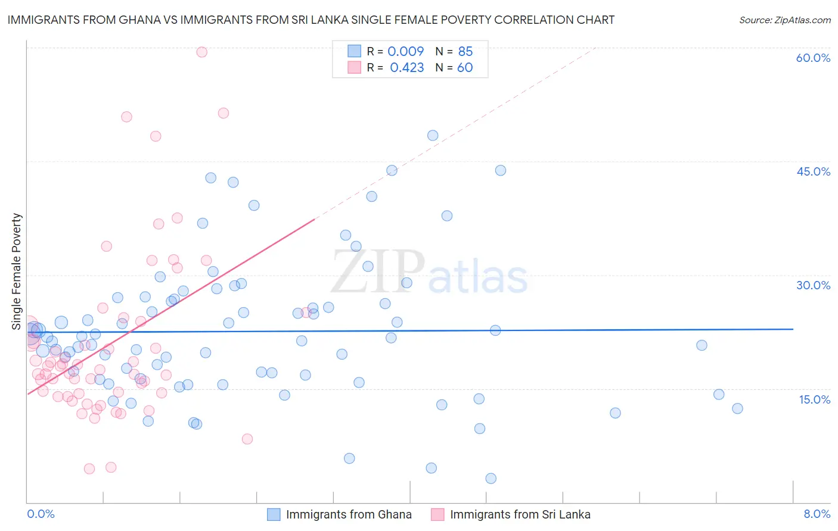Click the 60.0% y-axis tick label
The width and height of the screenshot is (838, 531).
click(813, 58)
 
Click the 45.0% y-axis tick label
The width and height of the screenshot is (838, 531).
click(813, 171)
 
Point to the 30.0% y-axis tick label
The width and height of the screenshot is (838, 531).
click(813, 285)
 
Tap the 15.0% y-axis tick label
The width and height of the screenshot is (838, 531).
click(814, 399)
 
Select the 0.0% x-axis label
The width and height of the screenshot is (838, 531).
click(41, 514)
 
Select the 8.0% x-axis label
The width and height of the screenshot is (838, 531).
click(817, 514)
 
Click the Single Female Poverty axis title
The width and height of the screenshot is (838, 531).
click(17, 271)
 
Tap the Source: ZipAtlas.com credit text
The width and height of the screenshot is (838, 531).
click(784, 20)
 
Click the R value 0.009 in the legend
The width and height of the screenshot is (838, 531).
click(405, 51)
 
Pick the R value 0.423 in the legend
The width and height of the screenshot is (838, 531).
click(406, 68)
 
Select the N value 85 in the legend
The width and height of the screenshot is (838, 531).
click(465, 51)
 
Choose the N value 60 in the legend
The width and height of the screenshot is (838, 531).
click(465, 68)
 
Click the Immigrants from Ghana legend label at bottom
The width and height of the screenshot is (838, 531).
click(349, 514)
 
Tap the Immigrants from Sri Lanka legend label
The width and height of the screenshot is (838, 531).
click(520, 514)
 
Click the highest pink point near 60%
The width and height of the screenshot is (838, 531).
click(202, 52)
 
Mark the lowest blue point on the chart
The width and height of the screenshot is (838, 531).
click(491, 479)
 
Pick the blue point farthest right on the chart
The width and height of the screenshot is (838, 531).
click(737, 408)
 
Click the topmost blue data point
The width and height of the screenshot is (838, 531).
click(433, 136)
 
